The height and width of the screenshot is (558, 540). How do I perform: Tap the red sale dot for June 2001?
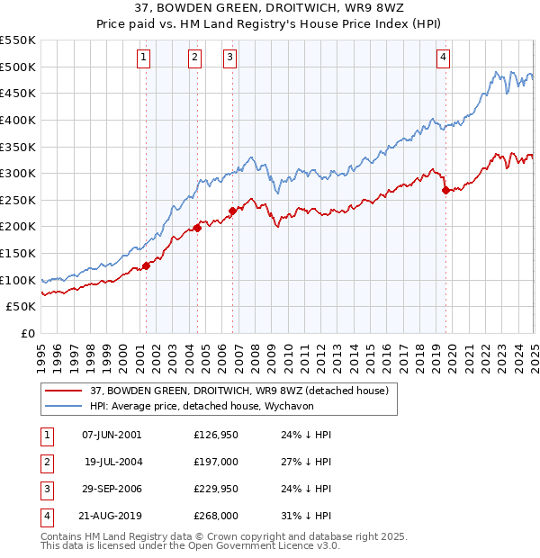click(146, 265)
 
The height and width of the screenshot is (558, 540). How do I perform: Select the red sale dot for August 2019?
click(445, 190)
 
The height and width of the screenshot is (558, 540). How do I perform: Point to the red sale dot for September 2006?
click(232, 211)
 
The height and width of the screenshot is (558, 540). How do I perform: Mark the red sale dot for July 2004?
click(197, 228)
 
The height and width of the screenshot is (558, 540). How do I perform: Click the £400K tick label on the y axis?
click(18, 120)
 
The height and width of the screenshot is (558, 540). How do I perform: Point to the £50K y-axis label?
click(22, 307)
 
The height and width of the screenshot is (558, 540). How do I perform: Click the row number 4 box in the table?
click(46, 516)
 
